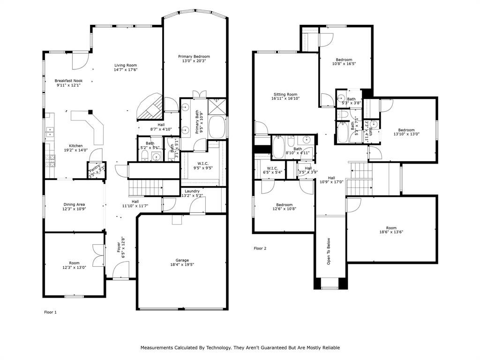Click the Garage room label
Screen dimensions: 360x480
182,260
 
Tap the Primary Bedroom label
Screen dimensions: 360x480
194,56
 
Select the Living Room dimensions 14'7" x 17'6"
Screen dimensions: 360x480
125,70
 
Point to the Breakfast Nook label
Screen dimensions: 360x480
68,81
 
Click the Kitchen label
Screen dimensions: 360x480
76,145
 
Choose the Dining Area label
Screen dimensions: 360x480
74,204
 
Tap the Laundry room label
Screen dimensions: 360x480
192,191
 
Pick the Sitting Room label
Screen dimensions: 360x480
285,94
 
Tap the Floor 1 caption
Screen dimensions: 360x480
50,312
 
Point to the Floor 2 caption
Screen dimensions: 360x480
260,248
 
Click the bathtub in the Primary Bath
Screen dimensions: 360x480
216,127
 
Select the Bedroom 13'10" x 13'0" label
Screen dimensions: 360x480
406,130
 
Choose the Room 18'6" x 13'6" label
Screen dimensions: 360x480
391,228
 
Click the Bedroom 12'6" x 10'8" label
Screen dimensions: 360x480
284,204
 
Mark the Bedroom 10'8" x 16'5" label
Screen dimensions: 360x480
344,60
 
